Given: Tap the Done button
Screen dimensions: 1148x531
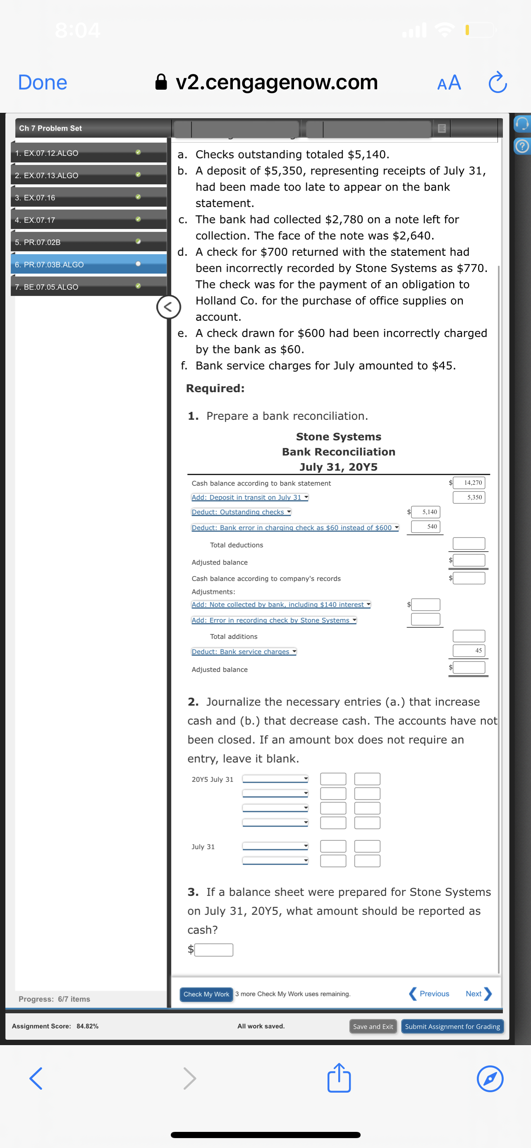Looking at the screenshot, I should click(42, 83).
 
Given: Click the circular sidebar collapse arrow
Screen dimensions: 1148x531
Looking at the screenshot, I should click(169, 307).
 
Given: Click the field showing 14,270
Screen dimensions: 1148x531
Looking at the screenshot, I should click(469, 483).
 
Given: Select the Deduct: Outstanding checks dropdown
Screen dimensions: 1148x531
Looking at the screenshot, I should click(241, 512).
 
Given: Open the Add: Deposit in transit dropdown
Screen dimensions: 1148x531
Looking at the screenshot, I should click(250, 498).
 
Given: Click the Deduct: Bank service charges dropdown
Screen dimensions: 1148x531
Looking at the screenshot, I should click(244, 652).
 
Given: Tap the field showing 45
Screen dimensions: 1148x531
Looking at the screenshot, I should click(469, 650).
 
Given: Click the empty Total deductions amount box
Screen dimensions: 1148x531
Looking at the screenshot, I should click(469, 544).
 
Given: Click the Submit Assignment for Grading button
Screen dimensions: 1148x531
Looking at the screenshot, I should click(452, 1027).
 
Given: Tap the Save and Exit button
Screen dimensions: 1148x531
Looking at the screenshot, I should click(373, 1027).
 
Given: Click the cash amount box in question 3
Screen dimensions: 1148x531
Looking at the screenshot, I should click(214, 950).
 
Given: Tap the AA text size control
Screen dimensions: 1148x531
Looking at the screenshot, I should click(449, 83).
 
